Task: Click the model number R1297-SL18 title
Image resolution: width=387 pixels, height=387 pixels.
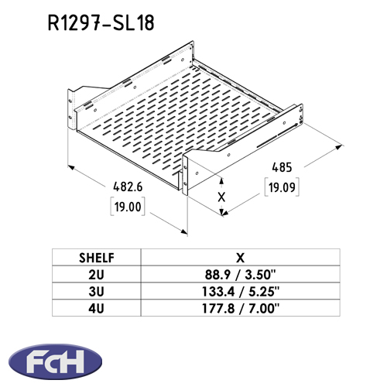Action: (x=101, y=22)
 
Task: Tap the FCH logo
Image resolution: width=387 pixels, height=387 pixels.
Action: (x=56, y=361)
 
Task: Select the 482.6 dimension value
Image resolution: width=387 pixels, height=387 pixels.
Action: (x=128, y=187)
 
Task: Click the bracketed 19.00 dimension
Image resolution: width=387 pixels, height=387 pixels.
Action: (x=128, y=207)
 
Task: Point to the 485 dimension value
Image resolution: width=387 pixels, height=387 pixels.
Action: (x=282, y=167)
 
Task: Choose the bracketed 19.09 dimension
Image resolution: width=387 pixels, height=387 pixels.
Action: (x=282, y=187)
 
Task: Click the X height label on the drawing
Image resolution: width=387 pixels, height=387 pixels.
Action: (x=221, y=197)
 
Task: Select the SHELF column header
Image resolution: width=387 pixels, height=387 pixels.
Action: (x=97, y=258)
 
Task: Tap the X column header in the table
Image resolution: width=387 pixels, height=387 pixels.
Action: (x=240, y=258)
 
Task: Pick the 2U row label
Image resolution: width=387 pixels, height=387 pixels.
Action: (x=96, y=275)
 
